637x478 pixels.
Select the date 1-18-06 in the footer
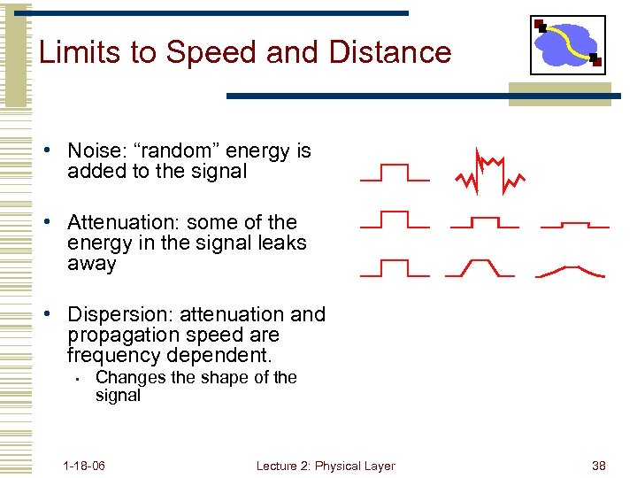(84, 466)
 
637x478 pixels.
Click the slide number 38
(599, 466)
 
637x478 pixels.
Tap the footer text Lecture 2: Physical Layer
(326, 466)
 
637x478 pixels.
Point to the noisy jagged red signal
(489, 173)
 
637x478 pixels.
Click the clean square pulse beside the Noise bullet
(395, 173)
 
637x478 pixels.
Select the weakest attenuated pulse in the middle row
(575, 225)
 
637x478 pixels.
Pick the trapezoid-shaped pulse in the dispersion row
(480, 267)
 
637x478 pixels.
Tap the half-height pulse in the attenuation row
(485, 222)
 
